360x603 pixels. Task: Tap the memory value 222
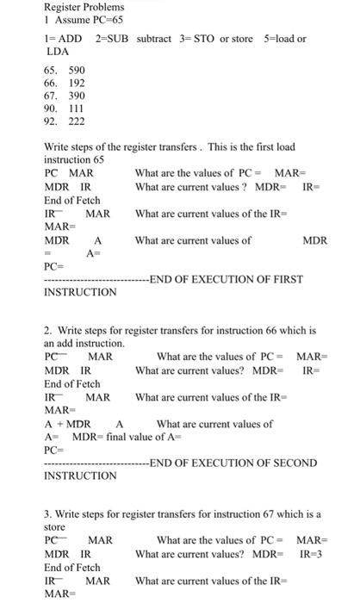(x=77, y=121)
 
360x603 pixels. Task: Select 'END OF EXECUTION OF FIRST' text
(x=227, y=278)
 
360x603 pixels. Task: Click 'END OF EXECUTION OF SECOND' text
(x=233, y=463)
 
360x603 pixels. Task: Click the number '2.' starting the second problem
(x=48, y=330)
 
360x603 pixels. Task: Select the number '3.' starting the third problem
(x=48, y=514)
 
